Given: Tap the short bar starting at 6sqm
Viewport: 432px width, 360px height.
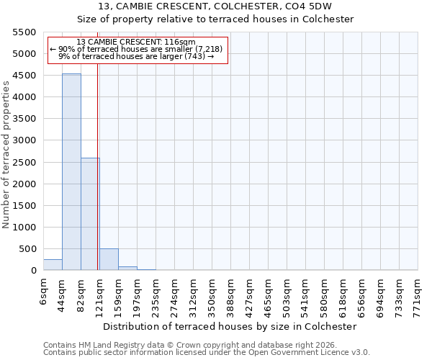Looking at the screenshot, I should pos(53,264).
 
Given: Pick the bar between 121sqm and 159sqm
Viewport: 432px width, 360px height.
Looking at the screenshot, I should pos(109,259).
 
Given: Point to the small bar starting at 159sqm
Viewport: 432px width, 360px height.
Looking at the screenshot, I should pos(127,268).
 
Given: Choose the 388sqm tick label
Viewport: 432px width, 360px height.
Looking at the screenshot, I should pos(230,296).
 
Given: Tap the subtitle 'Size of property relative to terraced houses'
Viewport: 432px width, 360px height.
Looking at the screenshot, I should pos(215,19).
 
